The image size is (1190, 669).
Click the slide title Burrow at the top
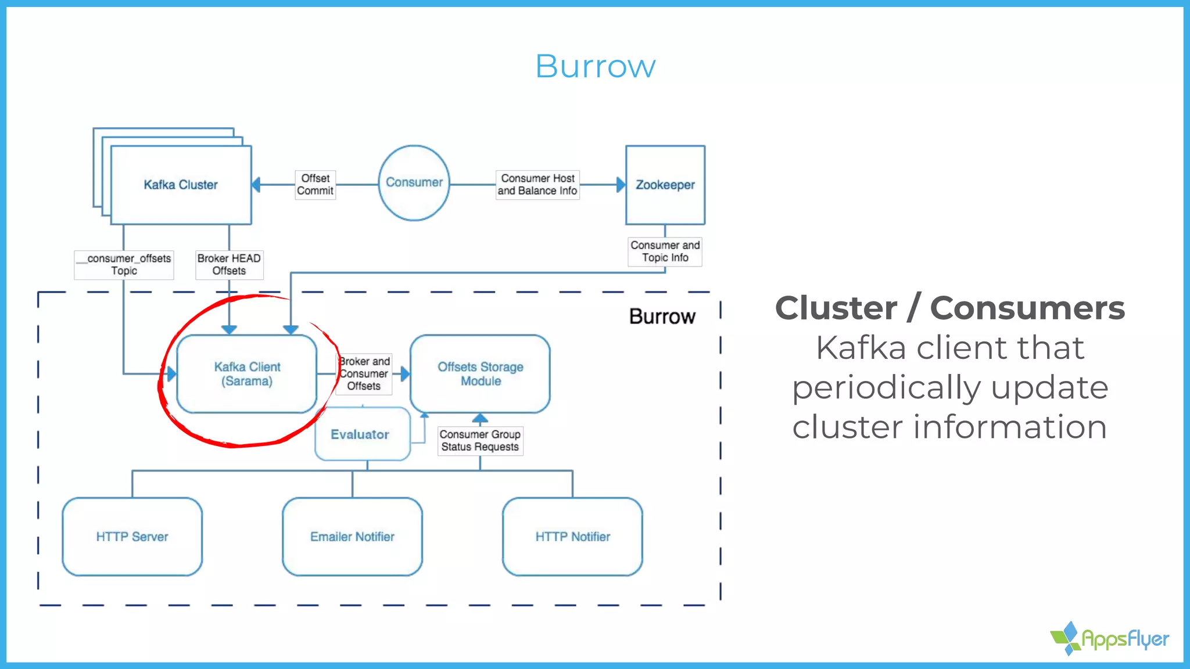click(x=595, y=66)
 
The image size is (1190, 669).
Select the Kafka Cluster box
click(x=181, y=185)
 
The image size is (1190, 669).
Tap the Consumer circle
click(x=414, y=182)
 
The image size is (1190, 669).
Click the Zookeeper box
click(x=665, y=185)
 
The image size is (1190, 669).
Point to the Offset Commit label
click(x=315, y=185)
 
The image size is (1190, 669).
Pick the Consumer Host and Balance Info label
click(x=537, y=185)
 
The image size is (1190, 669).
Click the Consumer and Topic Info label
click(x=665, y=251)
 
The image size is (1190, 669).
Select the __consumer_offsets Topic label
click(x=124, y=264)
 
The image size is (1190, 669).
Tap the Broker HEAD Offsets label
click(x=229, y=264)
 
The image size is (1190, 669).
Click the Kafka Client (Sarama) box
click(x=247, y=374)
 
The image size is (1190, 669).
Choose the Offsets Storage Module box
click(x=480, y=374)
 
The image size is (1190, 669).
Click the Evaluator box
click(x=360, y=434)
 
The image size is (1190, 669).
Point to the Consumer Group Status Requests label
click(x=480, y=441)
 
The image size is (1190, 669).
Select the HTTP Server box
click(x=132, y=537)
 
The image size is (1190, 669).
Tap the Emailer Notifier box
click(x=352, y=537)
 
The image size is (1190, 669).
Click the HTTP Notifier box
click(x=572, y=537)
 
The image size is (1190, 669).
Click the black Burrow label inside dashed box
click(x=662, y=316)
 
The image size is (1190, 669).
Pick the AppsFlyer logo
click(x=1110, y=639)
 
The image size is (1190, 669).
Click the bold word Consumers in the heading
click(x=1027, y=308)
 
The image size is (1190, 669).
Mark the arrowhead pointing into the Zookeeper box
click(x=621, y=185)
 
